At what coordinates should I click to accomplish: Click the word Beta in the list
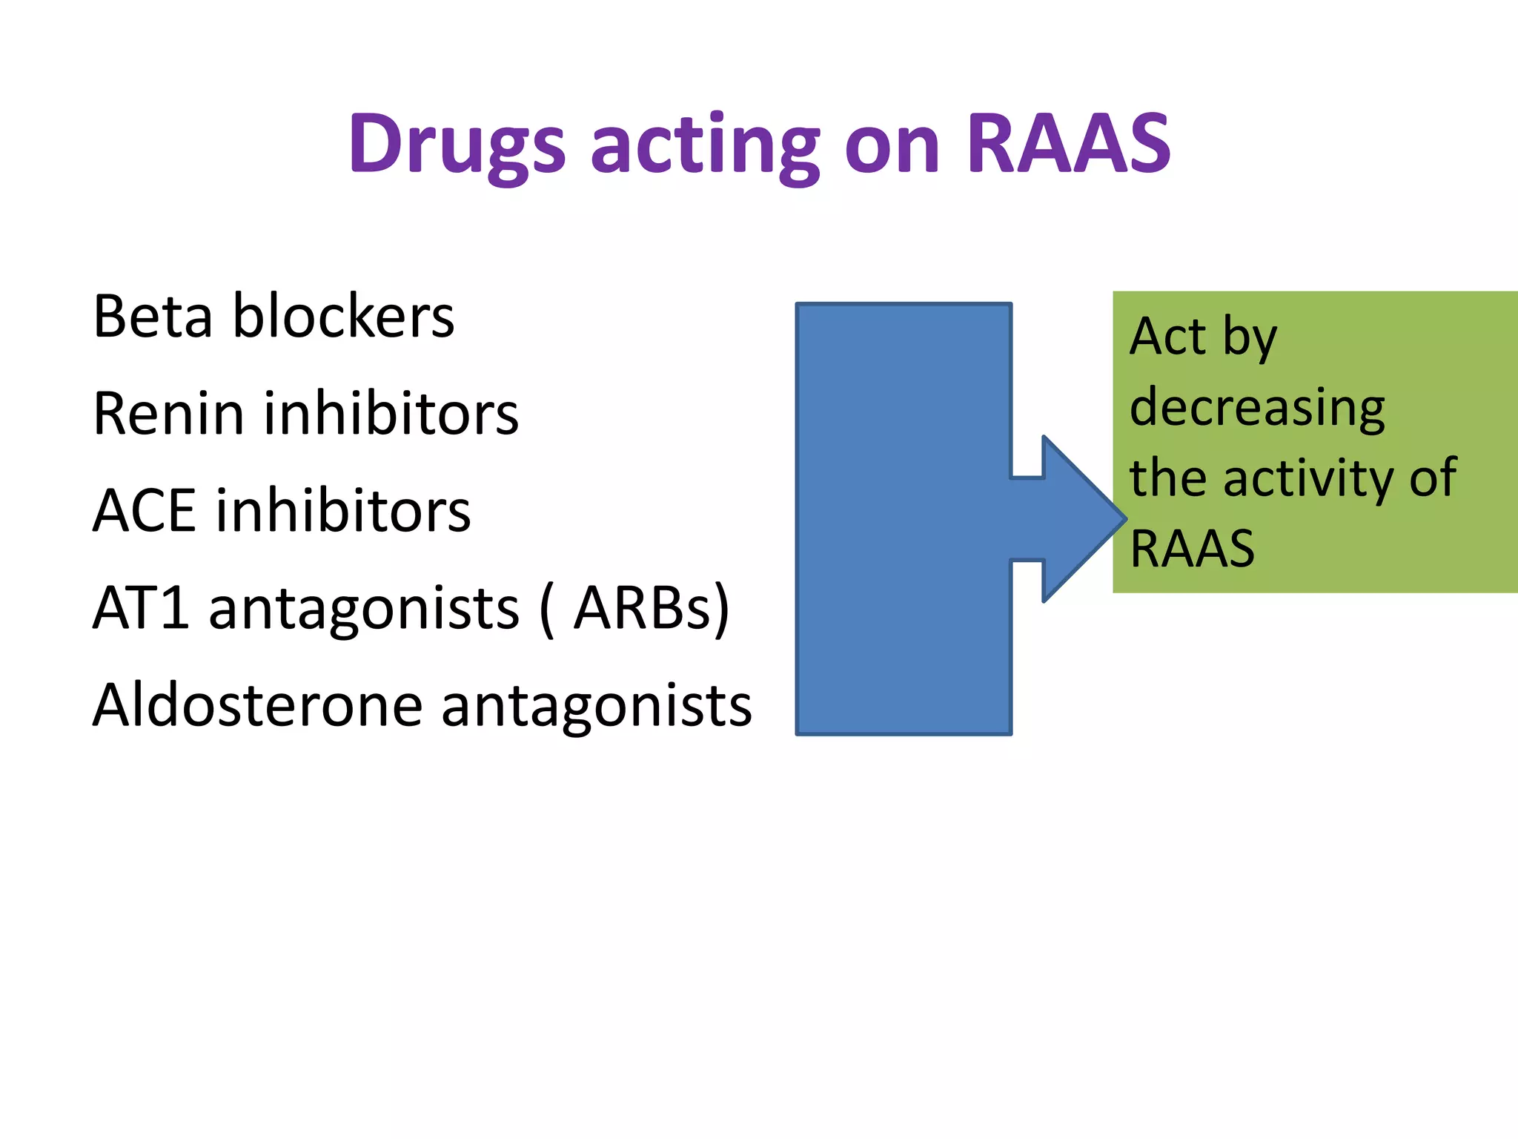tap(153, 317)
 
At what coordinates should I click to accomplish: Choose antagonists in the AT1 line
tap(364, 608)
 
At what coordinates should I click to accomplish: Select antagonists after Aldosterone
tap(597, 705)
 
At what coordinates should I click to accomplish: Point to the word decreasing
tap(1257, 408)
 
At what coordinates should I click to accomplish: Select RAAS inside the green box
tap(1192, 549)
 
